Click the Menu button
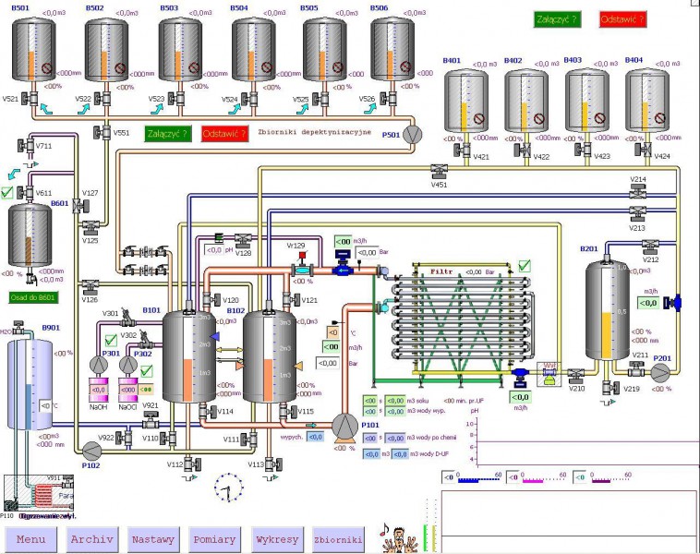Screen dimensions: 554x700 [x=31, y=538]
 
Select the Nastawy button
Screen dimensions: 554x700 [x=153, y=538]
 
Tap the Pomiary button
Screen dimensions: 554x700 [x=214, y=538]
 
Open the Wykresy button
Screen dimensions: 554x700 [x=275, y=538]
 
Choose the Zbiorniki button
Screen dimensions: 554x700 [x=337, y=538]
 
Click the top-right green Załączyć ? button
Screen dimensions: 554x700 [x=557, y=19]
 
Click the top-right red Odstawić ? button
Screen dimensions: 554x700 [x=622, y=19]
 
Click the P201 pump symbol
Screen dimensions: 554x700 [x=661, y=371]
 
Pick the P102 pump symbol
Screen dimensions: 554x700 [x=91, y=451]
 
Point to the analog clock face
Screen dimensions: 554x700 [x=227, y=488]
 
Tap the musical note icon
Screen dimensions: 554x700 [x=384, y=530]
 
